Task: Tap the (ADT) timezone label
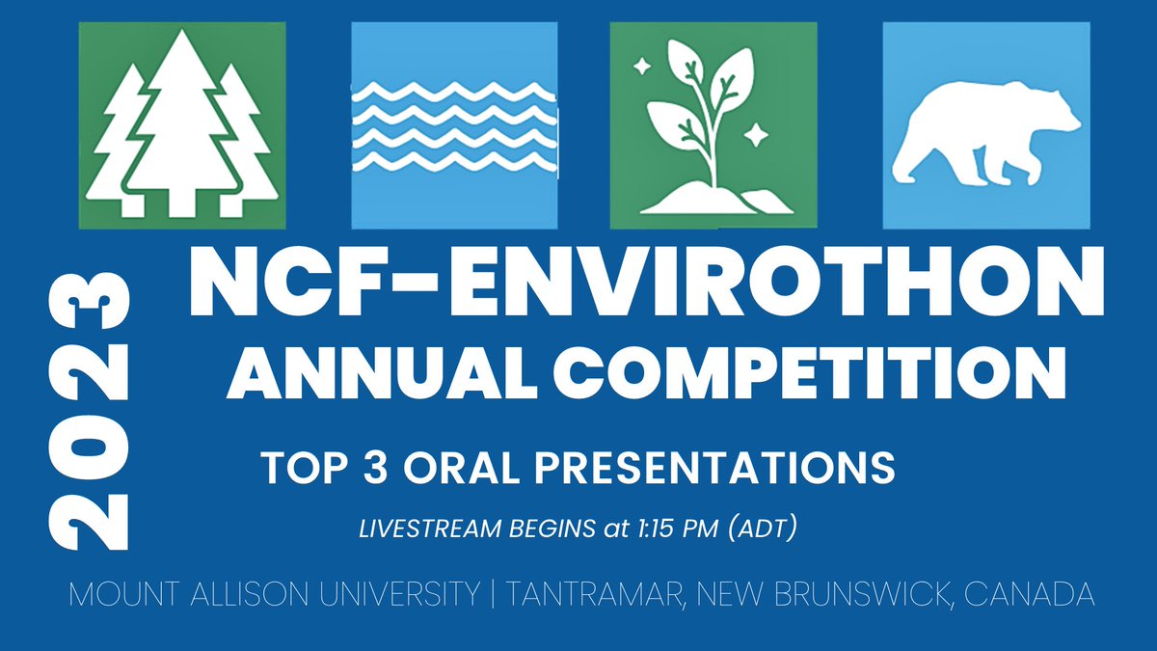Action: tap(763, 529)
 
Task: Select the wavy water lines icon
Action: tap(453, 125)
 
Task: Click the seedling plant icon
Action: tap(713, 125)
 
